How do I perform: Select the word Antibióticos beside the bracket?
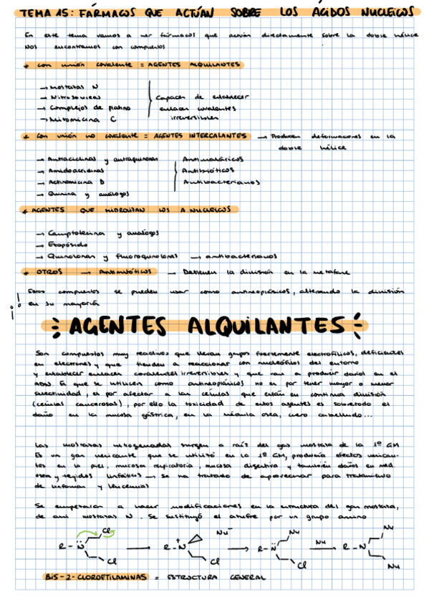208,170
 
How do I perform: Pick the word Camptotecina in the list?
77,233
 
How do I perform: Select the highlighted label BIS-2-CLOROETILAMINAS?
95,576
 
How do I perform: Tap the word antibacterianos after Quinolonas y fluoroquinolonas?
236,256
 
